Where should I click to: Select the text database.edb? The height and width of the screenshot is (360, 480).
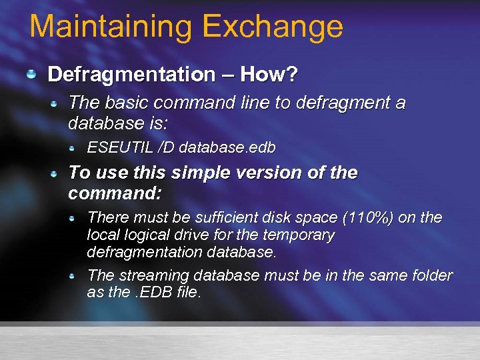tap(227, 147)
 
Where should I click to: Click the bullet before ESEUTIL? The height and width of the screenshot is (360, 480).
tap(79, 147)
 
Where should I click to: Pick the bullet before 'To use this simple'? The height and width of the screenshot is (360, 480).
tap(58, 173)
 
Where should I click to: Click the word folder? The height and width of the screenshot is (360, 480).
tap(431, 275)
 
